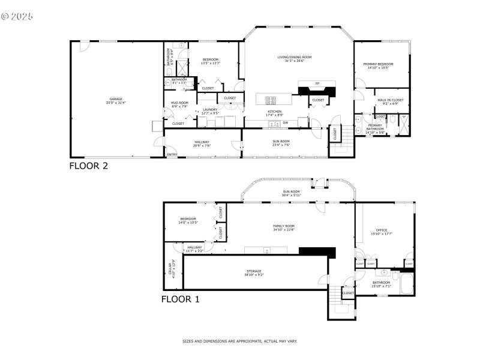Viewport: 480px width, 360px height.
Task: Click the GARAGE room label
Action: pyautogui.click(x=116, y=99)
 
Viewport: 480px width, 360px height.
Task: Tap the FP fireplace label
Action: pyautogui.click(x=317, y=83)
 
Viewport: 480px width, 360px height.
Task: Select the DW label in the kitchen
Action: pyautogui.click(x=285, y=122)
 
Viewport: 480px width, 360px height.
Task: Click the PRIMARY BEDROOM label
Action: pyautogui.click(x=378, y=64)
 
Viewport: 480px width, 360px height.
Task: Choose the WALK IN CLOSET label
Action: pyautogui.click(x=390, y=100)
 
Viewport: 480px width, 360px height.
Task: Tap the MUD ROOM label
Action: pyautogui.click(x=179, y=103)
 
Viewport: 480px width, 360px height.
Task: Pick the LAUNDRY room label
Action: pyautogui.click(x=210, y=109)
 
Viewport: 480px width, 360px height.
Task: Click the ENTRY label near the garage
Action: pyautogui.click(x=172, y=155)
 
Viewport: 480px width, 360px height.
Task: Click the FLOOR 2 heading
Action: pyautogui.click(x=89, y=166)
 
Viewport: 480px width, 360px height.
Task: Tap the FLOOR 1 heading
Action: pyautogui.click(x=180, y=298)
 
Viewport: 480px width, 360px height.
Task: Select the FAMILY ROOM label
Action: pyautogui.click(x=284, y=226)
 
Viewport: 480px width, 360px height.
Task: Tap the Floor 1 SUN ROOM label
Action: pyautogui.click(x=292, y=191)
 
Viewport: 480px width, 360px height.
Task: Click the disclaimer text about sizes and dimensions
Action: pyautogui.click(x=240, y=341)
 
